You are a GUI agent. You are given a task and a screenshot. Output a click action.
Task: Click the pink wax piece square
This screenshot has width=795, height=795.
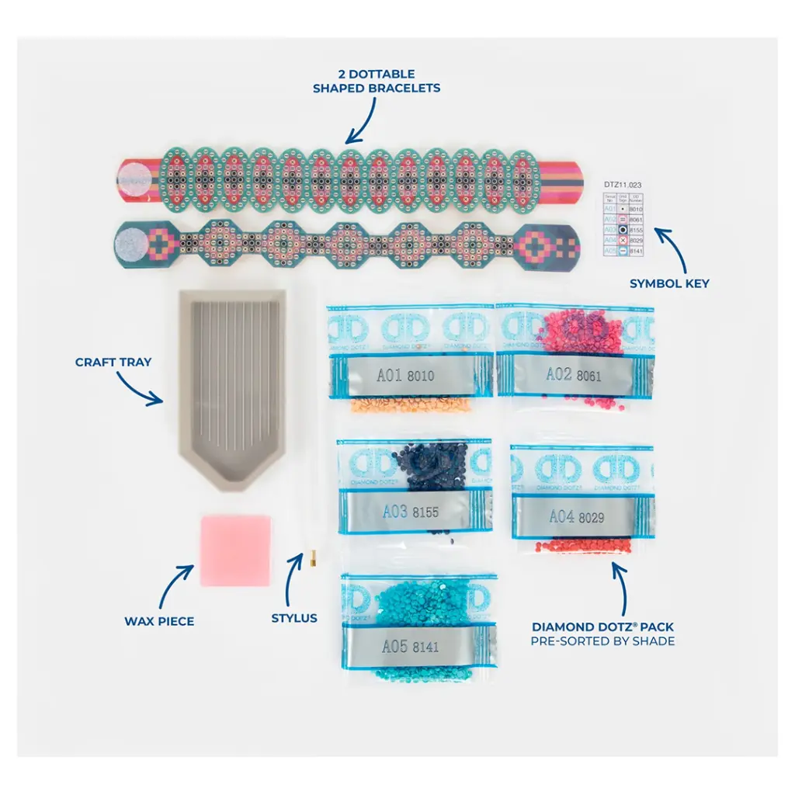point(236,550)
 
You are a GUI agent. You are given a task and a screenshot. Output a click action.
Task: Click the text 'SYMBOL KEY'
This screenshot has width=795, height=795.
point(669,284)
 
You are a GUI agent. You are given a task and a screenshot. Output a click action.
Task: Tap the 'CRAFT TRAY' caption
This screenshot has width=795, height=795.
point(113,362)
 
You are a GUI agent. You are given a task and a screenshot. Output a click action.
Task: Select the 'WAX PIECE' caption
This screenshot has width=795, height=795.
point(159,621)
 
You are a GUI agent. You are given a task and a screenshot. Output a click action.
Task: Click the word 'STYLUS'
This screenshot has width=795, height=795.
point(294,618)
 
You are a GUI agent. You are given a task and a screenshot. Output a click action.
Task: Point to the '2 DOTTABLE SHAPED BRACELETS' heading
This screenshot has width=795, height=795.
point(377,82)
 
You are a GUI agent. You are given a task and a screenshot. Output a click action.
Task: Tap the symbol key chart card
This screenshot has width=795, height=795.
point(622,224)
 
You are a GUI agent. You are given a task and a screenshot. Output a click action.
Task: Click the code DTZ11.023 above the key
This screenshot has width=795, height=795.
point(623,185)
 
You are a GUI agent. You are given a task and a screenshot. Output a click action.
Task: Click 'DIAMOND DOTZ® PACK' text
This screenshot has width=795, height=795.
point(602,626)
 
